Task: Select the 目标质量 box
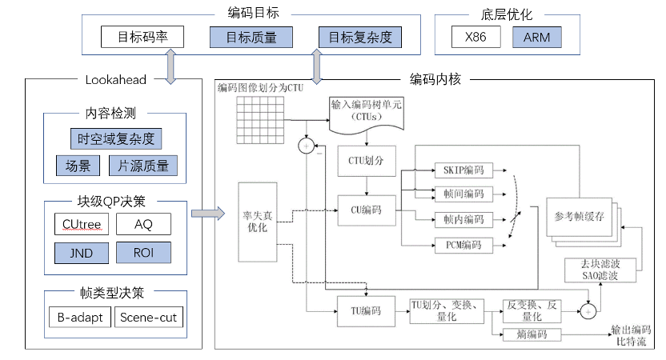(x=251, y=37)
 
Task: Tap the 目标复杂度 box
(x=359, y=37)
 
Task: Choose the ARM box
(x=537, y=37)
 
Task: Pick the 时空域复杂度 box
(x=115, y=139)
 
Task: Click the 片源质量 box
(x=143, y=166)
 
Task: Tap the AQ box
(x=143, y=225)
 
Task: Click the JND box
(x=77, y=253)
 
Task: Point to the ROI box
(x=143, y=253)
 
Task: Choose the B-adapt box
(x=77, y=318)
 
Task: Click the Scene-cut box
(x=148, y=318)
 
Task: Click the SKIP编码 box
(x=463, y=170)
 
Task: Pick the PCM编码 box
(x=463, y=245)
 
